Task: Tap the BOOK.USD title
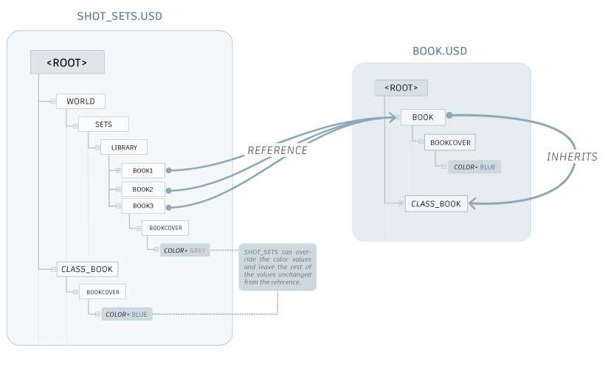coord(440,51)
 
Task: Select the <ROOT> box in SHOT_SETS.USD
coord(66,63)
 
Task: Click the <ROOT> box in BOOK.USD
coord(401,88)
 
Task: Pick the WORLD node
coord(80,101)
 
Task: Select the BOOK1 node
coord(142,170)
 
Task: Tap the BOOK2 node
coord(142,189)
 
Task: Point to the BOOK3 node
coord(142,206)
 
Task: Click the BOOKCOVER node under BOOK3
coord(165,228)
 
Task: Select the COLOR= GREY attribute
coord(184,251)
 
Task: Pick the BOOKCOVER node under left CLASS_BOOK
coord(103,292)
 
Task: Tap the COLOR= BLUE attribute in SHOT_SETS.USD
coord(126,315)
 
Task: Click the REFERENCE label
coord(277,150)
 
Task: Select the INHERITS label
coord(572,156)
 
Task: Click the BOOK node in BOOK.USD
coord(423,117)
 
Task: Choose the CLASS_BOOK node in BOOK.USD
coord(436,203)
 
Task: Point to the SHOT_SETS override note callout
coord(277,268)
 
